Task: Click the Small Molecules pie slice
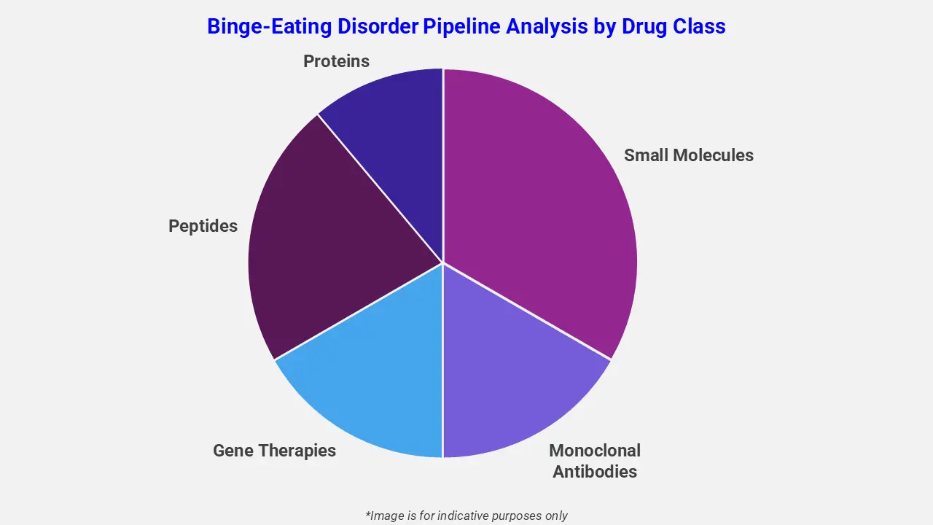coord(539,211)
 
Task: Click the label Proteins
coord(336,61)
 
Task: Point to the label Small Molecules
coord(688,155)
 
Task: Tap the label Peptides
coord(203,226)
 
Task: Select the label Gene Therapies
coord(274,451)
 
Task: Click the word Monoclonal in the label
coord(594,451)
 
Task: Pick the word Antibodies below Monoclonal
coord(594,472)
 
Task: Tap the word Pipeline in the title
coord(463,26)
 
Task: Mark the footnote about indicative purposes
coord(466,516)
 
